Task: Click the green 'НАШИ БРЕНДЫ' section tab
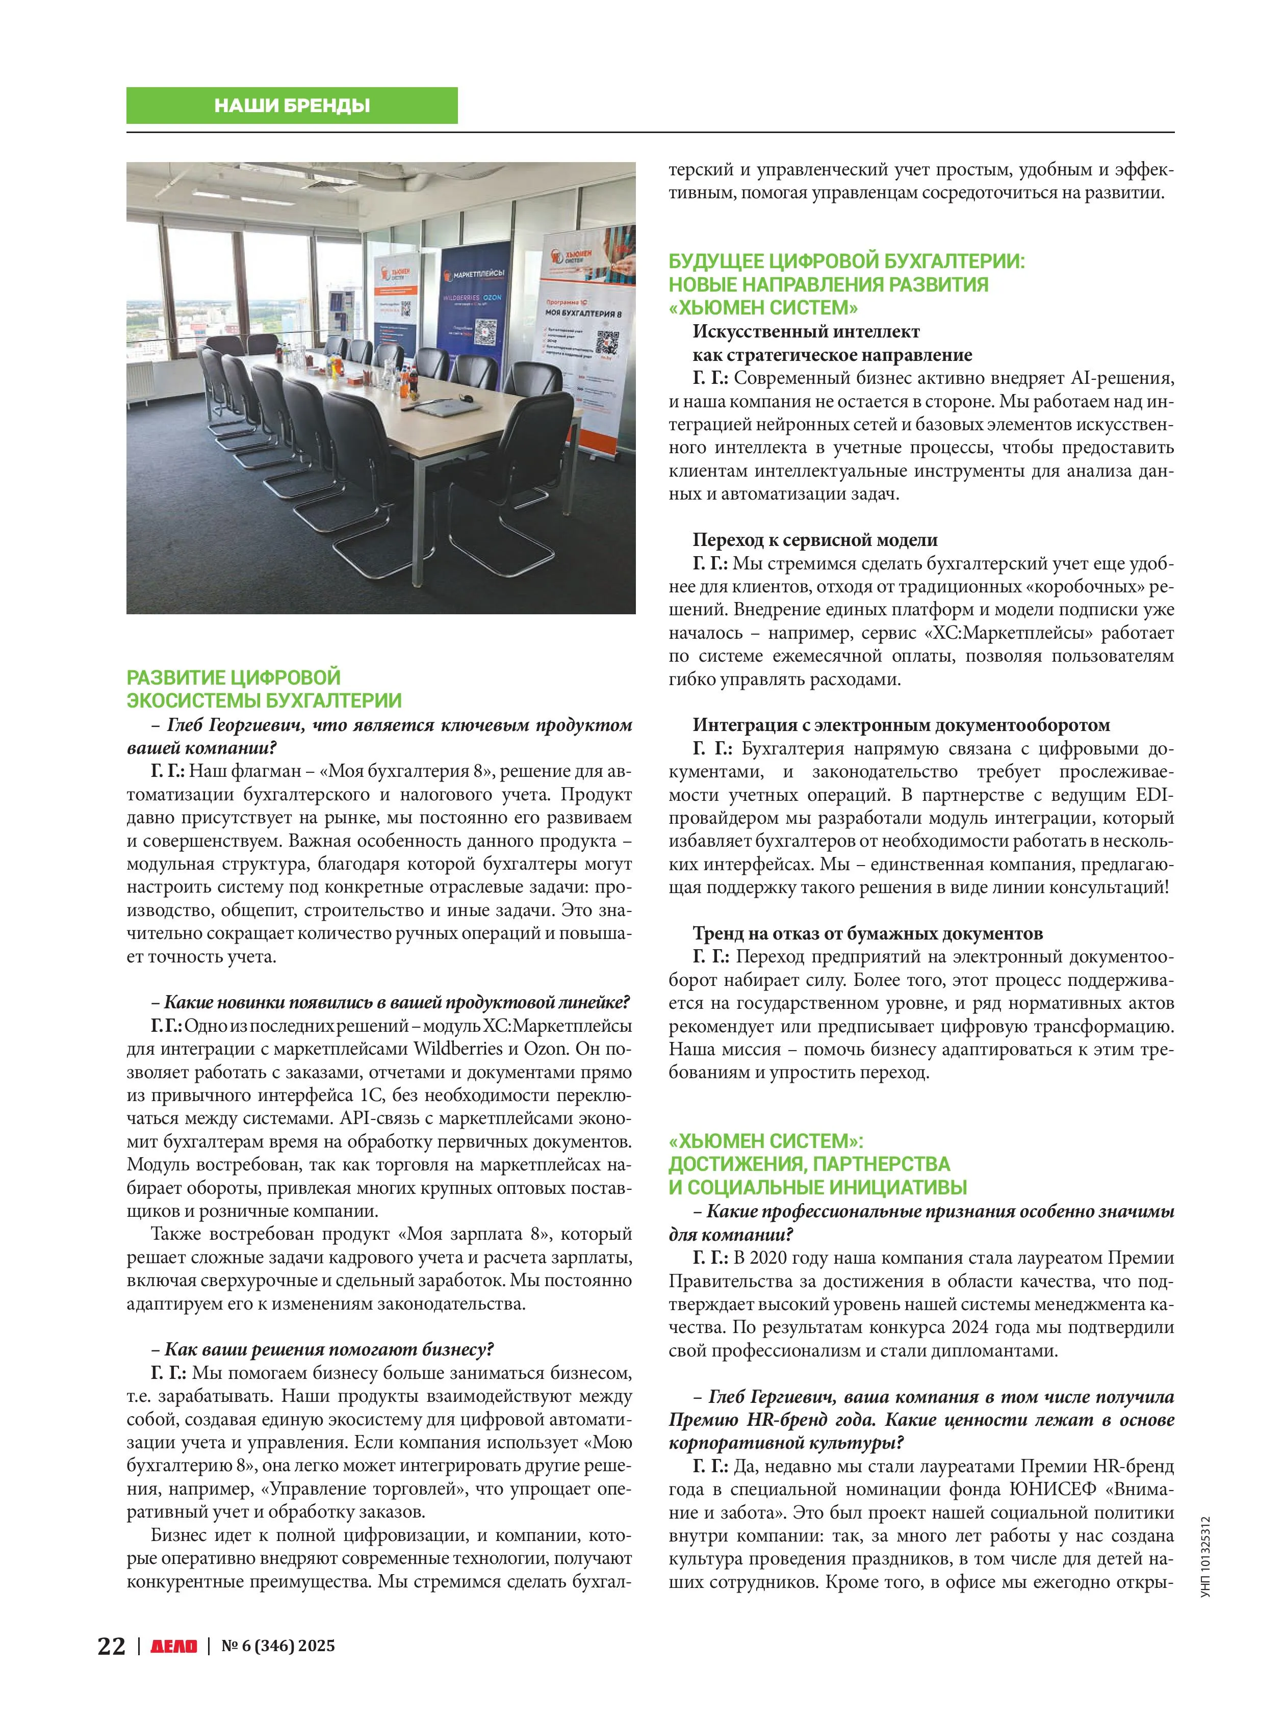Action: click(x=292, y=106)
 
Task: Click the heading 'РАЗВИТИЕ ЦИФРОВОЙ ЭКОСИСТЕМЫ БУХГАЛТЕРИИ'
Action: click(x=264, y=689)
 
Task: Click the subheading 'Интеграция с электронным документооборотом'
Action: click(x=901, y=725)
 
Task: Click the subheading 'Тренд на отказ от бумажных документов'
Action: click(x=867, y=933)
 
